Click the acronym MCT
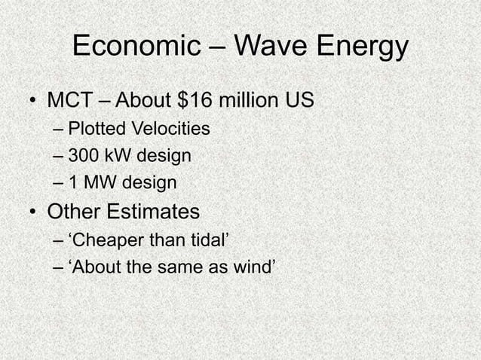(69, 99)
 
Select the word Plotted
(94, 130)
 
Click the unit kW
(115, 156)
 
